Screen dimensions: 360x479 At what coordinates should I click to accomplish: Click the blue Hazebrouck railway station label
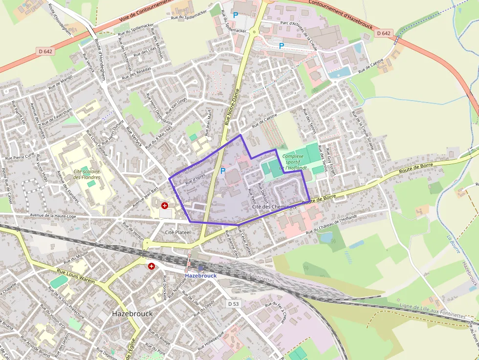pos(200,275)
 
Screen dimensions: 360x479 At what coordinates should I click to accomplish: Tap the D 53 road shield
pos(234,304)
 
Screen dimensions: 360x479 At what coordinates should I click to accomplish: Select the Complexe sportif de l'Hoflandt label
pos(297,162)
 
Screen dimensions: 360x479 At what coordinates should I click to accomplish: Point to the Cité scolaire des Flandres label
pos(87,174)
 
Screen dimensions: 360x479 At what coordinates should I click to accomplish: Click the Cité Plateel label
pos(177,232)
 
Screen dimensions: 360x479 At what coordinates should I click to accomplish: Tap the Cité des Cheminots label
pos(274,207)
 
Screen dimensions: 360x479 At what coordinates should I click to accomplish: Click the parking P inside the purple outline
pos(223,171)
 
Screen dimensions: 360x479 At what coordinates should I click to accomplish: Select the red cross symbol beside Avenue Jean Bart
pos(165,206)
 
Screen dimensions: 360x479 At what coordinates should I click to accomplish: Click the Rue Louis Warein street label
pos(76,275)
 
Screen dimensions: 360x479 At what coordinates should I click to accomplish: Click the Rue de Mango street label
pos(60,82)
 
